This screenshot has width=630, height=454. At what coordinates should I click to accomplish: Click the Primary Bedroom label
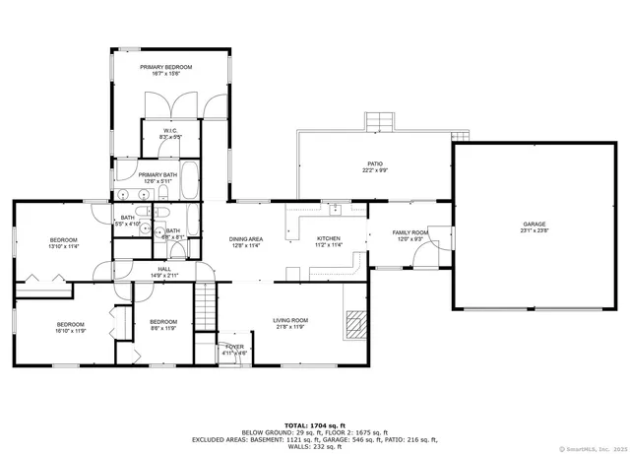[165, 67]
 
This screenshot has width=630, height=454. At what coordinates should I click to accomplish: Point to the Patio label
[375, 163]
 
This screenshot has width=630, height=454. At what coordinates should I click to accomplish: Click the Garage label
[535, 225]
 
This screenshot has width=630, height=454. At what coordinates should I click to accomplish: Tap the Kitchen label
[329, 238]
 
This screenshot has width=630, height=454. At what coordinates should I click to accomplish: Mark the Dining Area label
[245, 238]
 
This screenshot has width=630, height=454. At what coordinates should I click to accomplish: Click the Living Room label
[290, 320]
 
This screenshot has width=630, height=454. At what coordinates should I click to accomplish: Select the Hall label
[164, 269]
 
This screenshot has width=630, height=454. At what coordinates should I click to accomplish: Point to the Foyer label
[234, 347]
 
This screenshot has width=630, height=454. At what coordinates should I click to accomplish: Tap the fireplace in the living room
[355, 322]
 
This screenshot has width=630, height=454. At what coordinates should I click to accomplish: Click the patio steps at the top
[380, 121]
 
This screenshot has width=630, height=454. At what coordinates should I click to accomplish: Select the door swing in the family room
[425, 258]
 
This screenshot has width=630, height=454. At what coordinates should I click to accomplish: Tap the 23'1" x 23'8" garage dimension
[535, 231]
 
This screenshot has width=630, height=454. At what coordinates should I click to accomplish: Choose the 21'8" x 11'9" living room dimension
[290, 326]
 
